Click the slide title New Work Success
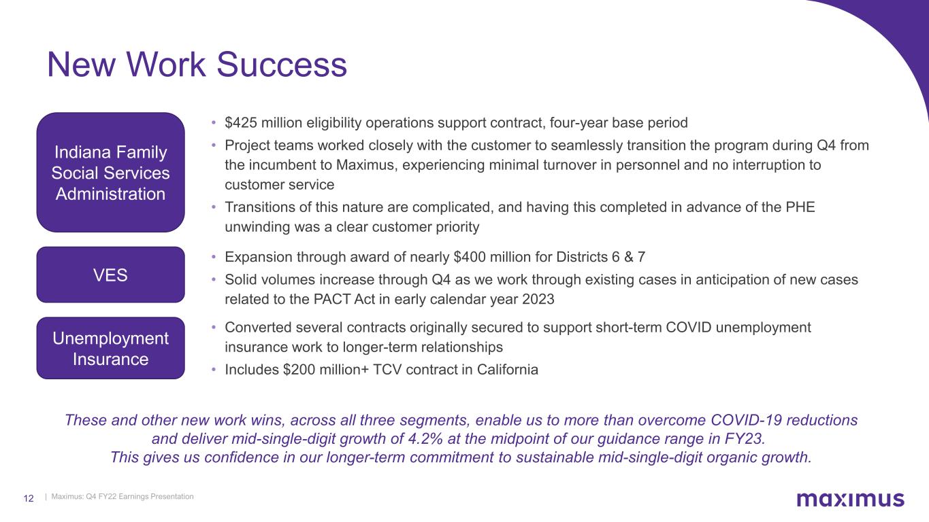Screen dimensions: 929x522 click(197, 65)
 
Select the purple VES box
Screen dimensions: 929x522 click(110, 275)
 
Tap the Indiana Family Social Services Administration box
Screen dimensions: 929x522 click(110, 173)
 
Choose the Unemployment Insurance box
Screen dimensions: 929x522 click(110, 348)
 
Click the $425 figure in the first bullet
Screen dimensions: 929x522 click(240, 122)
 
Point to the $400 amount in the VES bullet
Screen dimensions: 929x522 click(470, 257)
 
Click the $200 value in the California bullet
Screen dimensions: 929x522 click(299, 370)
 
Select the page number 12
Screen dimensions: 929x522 click(29, 498)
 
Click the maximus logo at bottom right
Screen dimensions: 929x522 click(850, 499)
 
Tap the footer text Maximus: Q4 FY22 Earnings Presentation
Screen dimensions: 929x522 click(123, 496)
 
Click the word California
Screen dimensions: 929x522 click(507, 370)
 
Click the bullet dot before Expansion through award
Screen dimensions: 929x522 click(214, 258)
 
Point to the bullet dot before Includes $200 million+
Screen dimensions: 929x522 click(214, 370)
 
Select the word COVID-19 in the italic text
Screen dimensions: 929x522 click(746, 420)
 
